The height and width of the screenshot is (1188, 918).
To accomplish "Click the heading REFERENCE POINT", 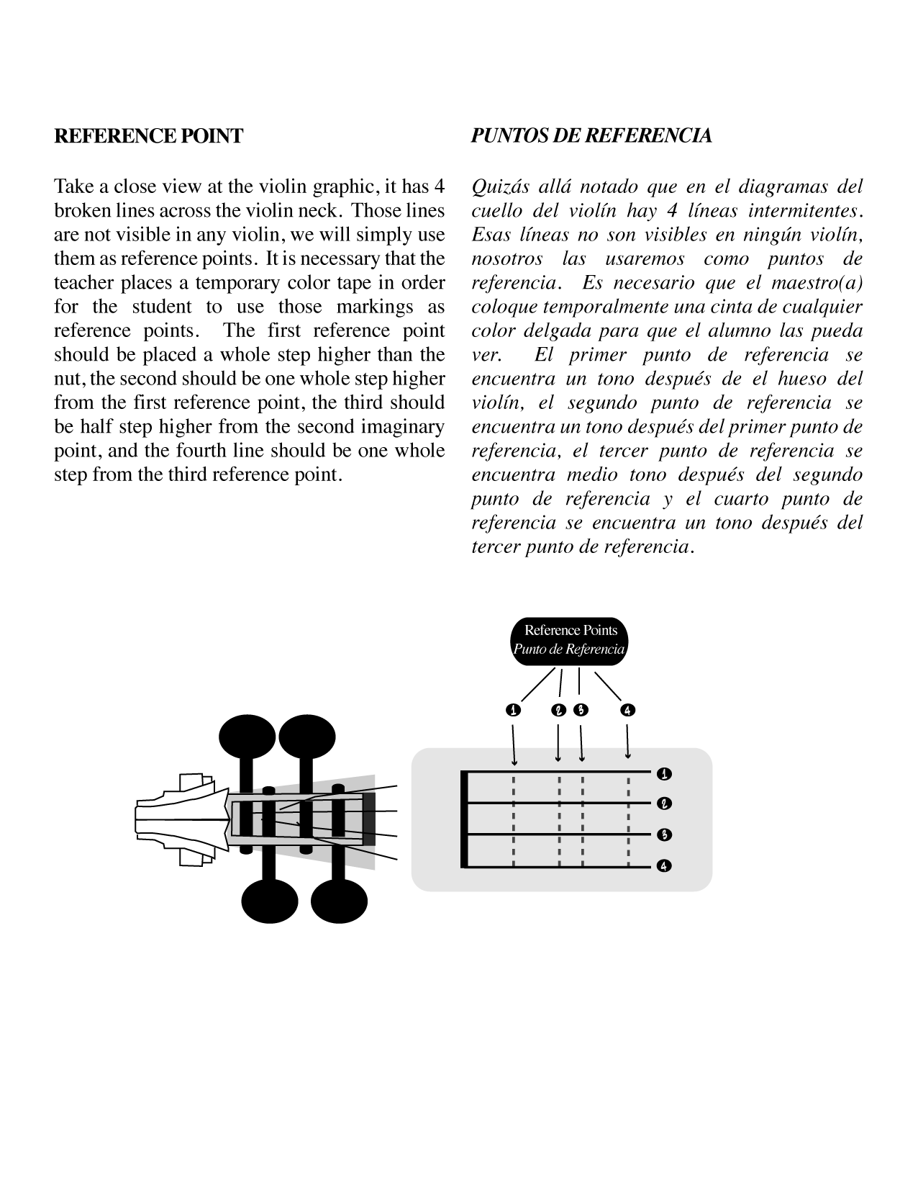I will [148, 136].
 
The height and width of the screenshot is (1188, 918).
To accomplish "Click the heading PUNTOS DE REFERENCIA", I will [591, 136].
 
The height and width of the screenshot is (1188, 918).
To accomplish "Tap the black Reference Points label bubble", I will [569, 640].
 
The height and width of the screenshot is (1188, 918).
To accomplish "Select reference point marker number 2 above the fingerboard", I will [558, 711].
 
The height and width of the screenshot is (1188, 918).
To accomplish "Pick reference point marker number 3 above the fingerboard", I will [581, 711].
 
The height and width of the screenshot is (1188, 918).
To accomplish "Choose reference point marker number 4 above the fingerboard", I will [628, 711].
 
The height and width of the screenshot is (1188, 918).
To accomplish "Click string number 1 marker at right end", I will [664, 774].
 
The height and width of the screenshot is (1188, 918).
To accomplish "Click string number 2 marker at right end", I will [664, 804].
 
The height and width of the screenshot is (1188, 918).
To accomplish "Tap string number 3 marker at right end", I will [664, 835].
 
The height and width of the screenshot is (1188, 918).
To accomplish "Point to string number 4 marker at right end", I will [664, 866].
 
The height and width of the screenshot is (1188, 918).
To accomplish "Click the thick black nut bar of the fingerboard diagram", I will [465, 820].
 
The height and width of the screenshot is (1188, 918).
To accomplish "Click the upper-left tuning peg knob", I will [246, 738].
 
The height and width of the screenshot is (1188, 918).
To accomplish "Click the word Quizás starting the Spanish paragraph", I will [500, 187].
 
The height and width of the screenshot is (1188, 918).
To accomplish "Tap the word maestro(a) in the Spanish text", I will [816, 283].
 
